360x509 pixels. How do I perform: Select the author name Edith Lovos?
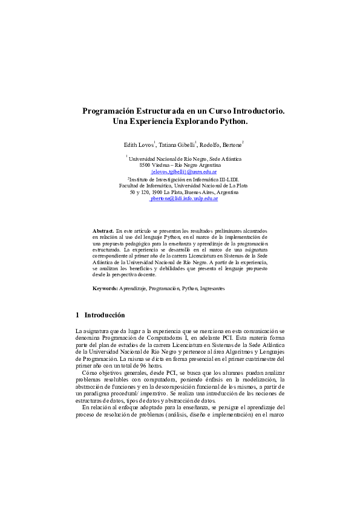click(x=138, y=145)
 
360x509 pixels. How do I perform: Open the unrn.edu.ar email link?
click(x=184, y=172)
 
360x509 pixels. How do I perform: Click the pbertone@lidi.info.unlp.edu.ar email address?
click(x=184, y=198)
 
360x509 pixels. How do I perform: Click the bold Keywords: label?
click(x=105, y=289)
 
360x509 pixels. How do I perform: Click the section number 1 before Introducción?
click(x=77, y=315)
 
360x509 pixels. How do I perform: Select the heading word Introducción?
click(x=105, y=315)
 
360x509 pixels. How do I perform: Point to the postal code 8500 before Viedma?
click(x=145, y=164)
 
